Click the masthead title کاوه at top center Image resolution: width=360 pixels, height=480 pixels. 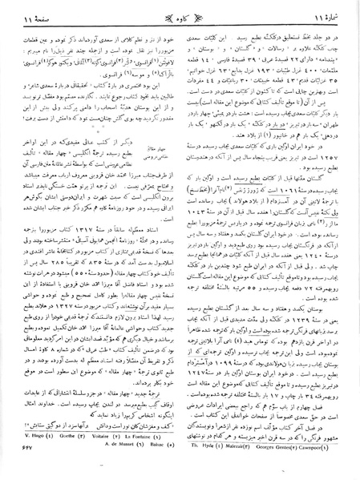click(x=180, y=15)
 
